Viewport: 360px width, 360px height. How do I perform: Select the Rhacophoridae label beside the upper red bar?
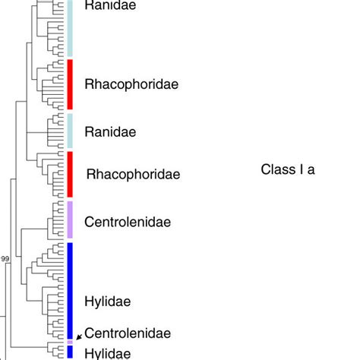pos(131,84)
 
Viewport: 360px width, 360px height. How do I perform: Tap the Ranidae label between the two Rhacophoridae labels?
pos(110,131)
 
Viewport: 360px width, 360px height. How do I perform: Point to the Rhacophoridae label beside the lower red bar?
pos(133,175)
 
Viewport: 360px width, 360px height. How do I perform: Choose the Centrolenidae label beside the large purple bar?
pos(127,223)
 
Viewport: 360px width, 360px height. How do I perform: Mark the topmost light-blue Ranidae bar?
pos(70,27)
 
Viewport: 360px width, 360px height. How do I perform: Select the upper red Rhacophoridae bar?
pos(70,84)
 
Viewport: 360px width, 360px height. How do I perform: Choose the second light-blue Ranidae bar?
pos(70,131)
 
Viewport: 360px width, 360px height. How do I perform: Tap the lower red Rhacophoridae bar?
pos(70,174)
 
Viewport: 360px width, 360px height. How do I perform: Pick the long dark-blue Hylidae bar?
pos(70,290)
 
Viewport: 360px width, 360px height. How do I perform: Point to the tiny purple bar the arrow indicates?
pos(70,342)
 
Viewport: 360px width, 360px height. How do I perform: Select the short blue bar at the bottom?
pos(70,352)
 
